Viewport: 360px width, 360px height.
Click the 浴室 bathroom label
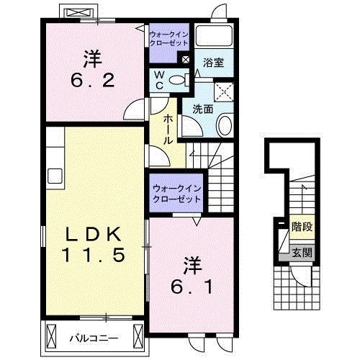click(213, 63)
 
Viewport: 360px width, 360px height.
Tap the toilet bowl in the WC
click(177, 80)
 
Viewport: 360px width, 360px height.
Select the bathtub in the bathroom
click(214, 35)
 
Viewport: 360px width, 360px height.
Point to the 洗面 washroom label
click(203, 109)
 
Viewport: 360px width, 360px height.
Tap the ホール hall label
click(168, 130)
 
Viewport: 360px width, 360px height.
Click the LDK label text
click(94, 234)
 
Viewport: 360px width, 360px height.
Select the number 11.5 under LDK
click(94, 255)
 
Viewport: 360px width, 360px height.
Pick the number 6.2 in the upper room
click(93, 81)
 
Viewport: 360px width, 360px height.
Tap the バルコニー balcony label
click(94, 338)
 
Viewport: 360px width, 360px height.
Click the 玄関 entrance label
click(302, 253)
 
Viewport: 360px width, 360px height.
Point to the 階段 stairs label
click(302, 227)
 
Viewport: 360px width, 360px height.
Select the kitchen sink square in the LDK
click(55, 176)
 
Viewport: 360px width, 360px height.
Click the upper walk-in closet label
click(168, 39)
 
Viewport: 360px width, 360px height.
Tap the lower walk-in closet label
click(177, 194)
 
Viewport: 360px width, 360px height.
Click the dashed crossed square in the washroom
click(224, 92)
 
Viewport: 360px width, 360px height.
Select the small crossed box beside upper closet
click(186, 59)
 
